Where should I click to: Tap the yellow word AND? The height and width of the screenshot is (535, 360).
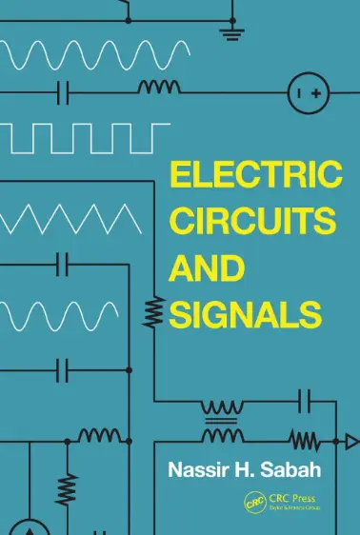(203, 267)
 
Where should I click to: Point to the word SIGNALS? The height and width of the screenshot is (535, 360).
(242, 312)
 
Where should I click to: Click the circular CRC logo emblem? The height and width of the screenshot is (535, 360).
(252, 501)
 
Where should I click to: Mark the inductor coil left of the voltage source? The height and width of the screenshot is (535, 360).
(158, 89)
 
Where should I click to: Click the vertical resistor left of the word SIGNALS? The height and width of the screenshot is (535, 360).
(150, 310)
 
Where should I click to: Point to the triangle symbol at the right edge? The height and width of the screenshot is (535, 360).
(350, 441)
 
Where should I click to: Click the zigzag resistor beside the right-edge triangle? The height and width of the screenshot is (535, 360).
(303, 440)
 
